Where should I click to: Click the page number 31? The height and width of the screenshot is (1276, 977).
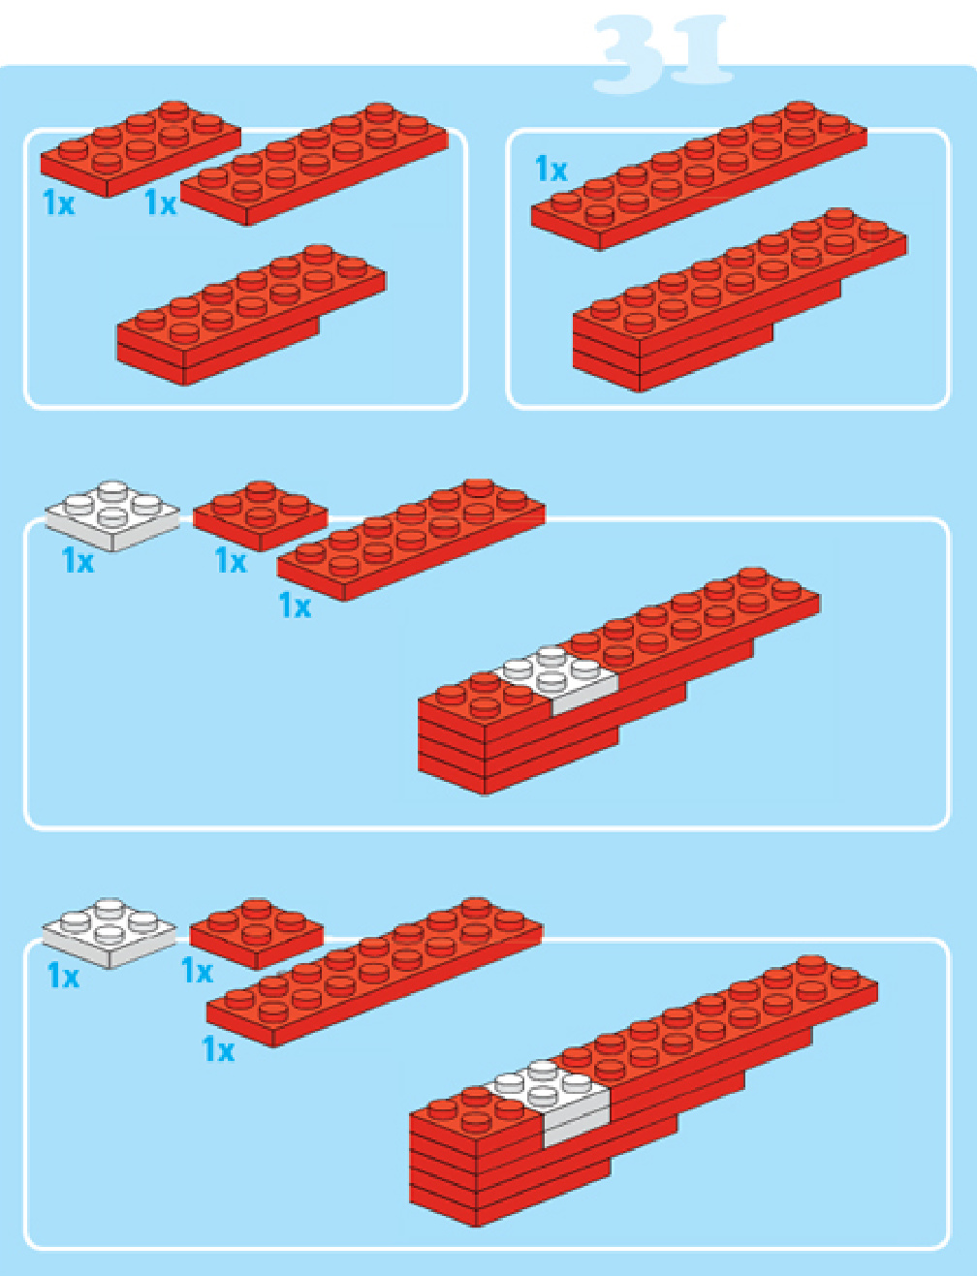tap(663, 54)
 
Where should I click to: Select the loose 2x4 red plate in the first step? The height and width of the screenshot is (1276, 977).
tap(141, 149)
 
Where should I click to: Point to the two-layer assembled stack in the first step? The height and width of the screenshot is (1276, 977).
tap(251, 315)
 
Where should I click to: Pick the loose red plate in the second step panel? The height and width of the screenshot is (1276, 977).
tap(699, 175)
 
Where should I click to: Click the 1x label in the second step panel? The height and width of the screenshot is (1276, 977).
tap(551, 169)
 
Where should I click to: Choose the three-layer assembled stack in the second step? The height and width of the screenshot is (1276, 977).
tap(740, 300)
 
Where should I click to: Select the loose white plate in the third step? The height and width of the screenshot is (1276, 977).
tap(112, 515)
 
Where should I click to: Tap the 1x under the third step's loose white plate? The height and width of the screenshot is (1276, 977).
tap(78, 560)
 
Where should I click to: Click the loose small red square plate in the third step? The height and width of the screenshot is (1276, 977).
tap(260, 515)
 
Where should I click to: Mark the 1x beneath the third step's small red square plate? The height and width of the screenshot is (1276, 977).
tap(231, 560)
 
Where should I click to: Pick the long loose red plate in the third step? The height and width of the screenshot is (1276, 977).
tap(411, 540)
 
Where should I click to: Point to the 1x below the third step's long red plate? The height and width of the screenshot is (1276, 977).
tap(295, 606)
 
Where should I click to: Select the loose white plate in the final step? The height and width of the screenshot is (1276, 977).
tap(109, 932)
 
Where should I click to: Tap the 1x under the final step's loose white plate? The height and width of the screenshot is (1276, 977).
tap(63, 976)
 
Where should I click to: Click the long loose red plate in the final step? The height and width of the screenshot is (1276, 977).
tap(374, 972)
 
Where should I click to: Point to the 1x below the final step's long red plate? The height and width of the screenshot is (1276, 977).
tap(218, 1049)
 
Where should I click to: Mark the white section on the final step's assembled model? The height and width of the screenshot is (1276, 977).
tap(548, 1101)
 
